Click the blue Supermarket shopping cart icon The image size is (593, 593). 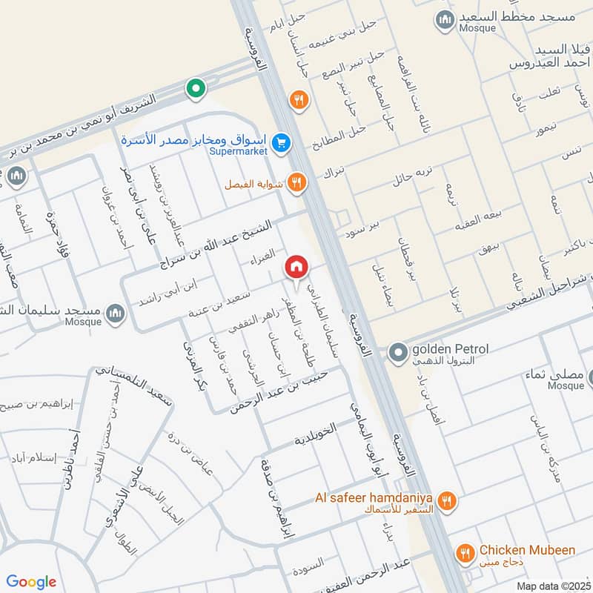(280, 142)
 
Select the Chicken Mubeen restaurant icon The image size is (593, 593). (465, 552)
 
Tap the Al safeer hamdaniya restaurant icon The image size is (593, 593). (445, 501)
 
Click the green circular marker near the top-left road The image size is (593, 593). (195, 90)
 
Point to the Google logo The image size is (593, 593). (31, 582)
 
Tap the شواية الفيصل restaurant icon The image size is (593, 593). (296, 182)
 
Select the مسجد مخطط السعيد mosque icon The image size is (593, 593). (445, 19)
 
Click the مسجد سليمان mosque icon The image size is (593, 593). (115, 314)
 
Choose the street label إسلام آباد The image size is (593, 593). (34, 458)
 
